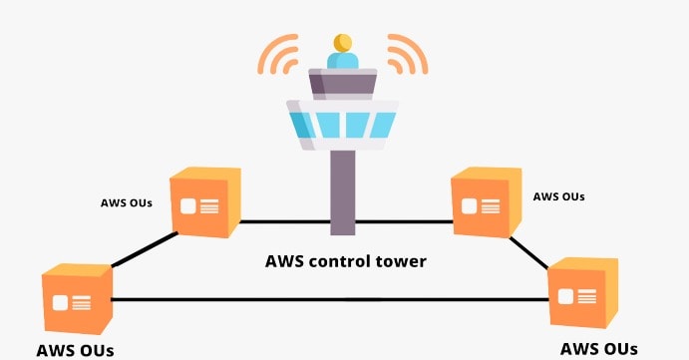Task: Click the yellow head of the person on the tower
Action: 343,42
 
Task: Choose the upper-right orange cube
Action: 486,201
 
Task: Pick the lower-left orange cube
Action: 76,298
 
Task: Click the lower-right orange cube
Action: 582,293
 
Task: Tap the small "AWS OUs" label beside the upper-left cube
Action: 127,203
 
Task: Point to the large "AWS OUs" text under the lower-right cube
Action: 598,348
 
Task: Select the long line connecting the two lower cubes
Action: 329,299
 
